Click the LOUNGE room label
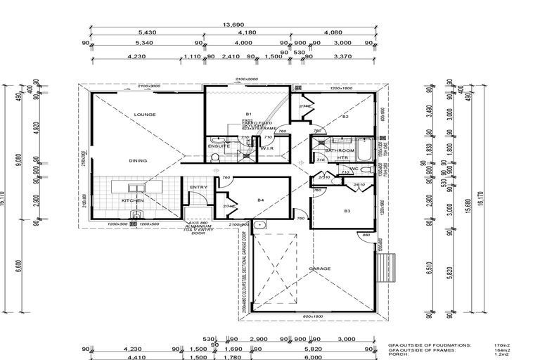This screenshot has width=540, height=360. (x=144, y=114)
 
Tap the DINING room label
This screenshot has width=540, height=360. (x=138, y=160)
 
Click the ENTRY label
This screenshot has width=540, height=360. (x=198, y=187)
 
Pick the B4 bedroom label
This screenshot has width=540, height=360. (x=261, y=200)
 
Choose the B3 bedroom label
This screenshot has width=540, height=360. (x=347, y=211)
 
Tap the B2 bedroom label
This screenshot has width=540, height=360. (x=345, y=116)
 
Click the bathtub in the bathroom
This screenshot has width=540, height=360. (x=366, y=150)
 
